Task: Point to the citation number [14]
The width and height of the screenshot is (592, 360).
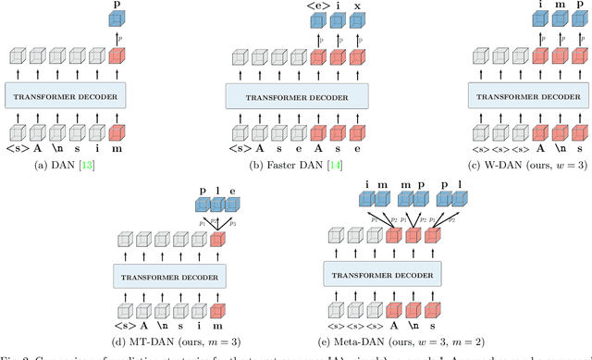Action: (x=337, y=164)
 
